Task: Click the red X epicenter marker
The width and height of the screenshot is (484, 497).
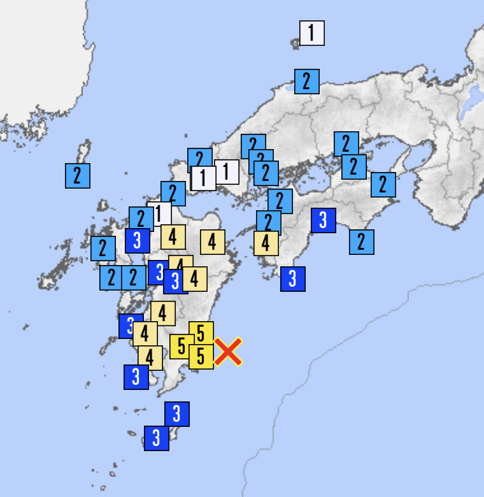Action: [x=227, y=352]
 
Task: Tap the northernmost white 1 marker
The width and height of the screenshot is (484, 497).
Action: [x=312, y=32]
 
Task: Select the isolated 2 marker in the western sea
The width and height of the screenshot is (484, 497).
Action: [x=77, y=175]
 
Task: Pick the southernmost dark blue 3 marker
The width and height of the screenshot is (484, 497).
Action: [x=156, y=438]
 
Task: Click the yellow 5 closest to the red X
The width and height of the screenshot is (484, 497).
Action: [x=201, y=357]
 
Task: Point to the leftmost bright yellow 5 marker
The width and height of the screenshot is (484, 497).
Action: [x=181, y=347]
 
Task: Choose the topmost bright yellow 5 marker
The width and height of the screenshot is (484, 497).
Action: [x=201, y=333]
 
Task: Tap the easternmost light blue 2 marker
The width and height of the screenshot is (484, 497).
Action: [x=383, y=184]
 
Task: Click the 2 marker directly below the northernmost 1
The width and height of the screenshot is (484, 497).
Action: [x=306, y=82]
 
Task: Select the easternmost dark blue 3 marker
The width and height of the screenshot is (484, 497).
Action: [x=324, y=220]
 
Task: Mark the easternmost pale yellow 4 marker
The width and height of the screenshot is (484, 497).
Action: [x=266, y=243]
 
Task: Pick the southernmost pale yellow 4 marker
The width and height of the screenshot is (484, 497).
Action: [x=150, y=357]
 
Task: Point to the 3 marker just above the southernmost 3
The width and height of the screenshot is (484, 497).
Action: [x=176, y=414]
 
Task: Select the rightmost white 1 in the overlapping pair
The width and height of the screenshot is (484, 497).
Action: [x=226, y=171]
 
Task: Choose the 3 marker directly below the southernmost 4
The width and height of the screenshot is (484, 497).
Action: [x=136, y=377]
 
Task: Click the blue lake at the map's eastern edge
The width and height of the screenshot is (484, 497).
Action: [x=474, y=99]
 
